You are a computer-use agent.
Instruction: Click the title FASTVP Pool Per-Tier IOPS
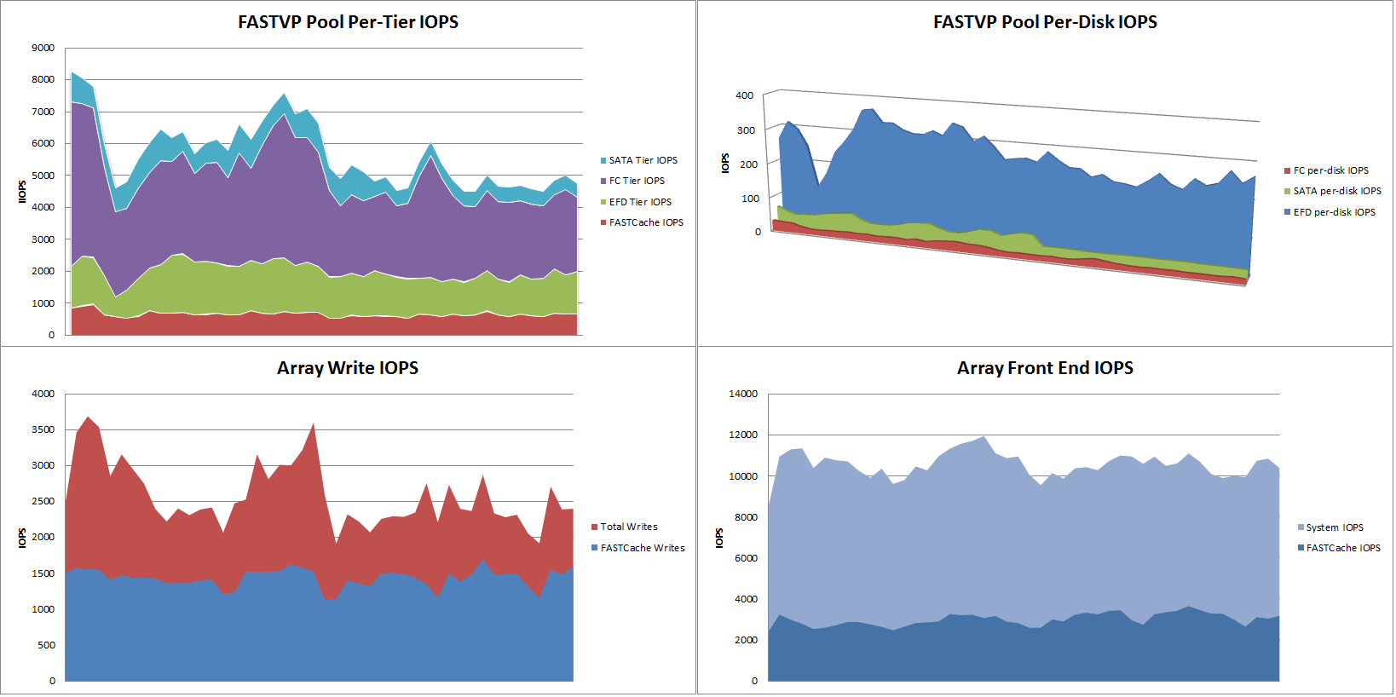pos(348,22)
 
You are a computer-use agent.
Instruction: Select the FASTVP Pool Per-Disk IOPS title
pos(1045,22)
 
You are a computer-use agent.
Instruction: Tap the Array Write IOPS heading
pos(348,368)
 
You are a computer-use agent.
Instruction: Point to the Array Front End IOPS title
pos(1045,368)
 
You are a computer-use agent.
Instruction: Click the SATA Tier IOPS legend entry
pos(639,160)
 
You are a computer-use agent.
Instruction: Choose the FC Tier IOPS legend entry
pos(632,181)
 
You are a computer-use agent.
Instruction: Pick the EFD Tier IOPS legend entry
pos(636,202)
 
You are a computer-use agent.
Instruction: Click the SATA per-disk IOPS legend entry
pos(1332,191)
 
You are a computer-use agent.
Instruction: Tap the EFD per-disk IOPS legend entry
pos(1330,212)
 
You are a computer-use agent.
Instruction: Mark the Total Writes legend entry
pos(625,527)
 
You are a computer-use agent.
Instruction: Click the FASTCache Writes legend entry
pos(638,548)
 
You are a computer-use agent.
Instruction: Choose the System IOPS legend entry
pos(1330,527)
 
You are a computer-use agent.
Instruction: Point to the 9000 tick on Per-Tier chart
pos(43,48)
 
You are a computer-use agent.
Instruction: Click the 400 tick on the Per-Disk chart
pos(745,95)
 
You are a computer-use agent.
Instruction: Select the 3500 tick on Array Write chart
pos(43,429)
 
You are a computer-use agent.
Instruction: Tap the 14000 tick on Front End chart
pos(744,394)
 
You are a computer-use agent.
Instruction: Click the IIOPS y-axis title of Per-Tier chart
pos(22,192)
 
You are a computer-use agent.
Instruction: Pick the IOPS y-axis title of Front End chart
pos(720,538)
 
